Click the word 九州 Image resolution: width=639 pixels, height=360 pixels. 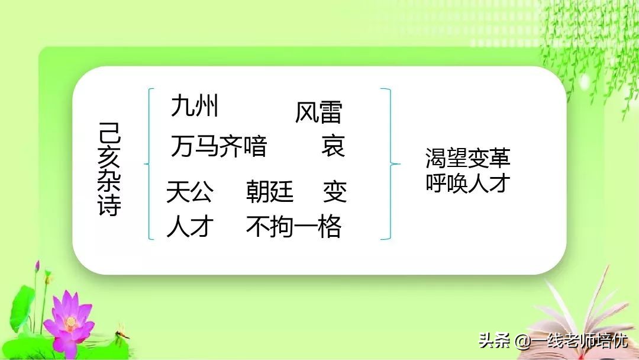(x=195, y=107)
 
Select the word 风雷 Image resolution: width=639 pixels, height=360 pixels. (x=318, y=112)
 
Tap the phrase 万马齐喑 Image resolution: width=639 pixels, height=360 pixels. (x=219, y=146)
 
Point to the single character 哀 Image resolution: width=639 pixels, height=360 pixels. (x=333, y=146)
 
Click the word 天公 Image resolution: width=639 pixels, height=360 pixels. (x=189, y=192)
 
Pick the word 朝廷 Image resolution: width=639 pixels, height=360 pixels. (x=270, y=192)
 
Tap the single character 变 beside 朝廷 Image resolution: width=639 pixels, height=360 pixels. (x=335, y=192)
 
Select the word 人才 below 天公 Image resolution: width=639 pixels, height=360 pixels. (x=189, y=226)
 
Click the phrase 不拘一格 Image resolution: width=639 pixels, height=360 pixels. (x=293, y=226)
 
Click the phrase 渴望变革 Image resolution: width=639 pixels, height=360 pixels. (x=467, y=158)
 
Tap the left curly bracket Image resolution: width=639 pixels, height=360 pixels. (x=149, y=163)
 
